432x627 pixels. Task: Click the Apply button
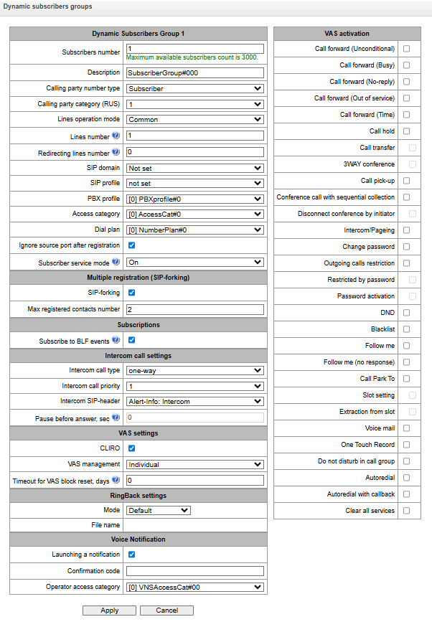(x=109, y=610)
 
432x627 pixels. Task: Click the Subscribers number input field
(x=194, y=49)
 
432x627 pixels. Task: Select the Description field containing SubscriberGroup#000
(x=194, y=72)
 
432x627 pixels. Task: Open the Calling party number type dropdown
(x=194, y=89)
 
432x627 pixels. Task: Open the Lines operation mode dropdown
(x=194, y=120)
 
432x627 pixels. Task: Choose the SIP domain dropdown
(x=194, y=169)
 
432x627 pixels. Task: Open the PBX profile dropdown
(x=194, y=199)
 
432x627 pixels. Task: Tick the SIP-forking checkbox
(x=131, y=293)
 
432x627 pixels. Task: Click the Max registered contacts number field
(x=194, y=310)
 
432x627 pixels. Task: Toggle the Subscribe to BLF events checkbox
(x=131, y=340)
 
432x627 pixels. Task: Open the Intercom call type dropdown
(x=194, y=370)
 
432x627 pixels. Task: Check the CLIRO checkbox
(x=131, y=448)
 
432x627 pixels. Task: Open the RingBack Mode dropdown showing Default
(x=159, y=511)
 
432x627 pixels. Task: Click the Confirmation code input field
(x=194, y=571)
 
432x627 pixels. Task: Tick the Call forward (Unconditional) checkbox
(x=406, y=49)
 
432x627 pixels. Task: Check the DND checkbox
(x=406, y=313)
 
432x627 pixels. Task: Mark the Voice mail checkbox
(x=406, y=428)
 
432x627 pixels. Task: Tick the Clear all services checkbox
(x=406, y=511)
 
